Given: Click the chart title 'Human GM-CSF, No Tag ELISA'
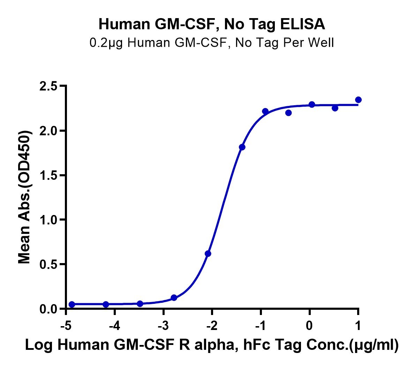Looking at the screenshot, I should (x=212, y=24).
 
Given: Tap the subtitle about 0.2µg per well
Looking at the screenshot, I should (x=212, y=43).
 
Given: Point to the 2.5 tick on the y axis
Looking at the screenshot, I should (x=49, y=86).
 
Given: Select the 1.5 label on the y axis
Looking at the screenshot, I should (x=49, y=175).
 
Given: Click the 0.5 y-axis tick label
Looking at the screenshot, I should (x=49, y=264).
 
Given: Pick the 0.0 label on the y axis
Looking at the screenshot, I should (x=49, y=309).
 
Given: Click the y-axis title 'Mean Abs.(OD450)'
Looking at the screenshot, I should (x=24, y=197).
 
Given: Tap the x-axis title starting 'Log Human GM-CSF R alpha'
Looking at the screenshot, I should (x=212, y=345).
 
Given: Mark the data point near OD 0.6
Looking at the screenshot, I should (x=208, y=254).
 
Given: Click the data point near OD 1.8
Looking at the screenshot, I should (x=242, y=147).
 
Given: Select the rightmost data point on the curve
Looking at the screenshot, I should (x=358, y=100).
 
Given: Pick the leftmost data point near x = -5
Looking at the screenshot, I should (x=72, y=305).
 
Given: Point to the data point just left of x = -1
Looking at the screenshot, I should (x=265, y=111).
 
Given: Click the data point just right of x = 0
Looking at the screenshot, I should (x=312, y=105).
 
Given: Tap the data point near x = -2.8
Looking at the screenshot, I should (x=174, y=298).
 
